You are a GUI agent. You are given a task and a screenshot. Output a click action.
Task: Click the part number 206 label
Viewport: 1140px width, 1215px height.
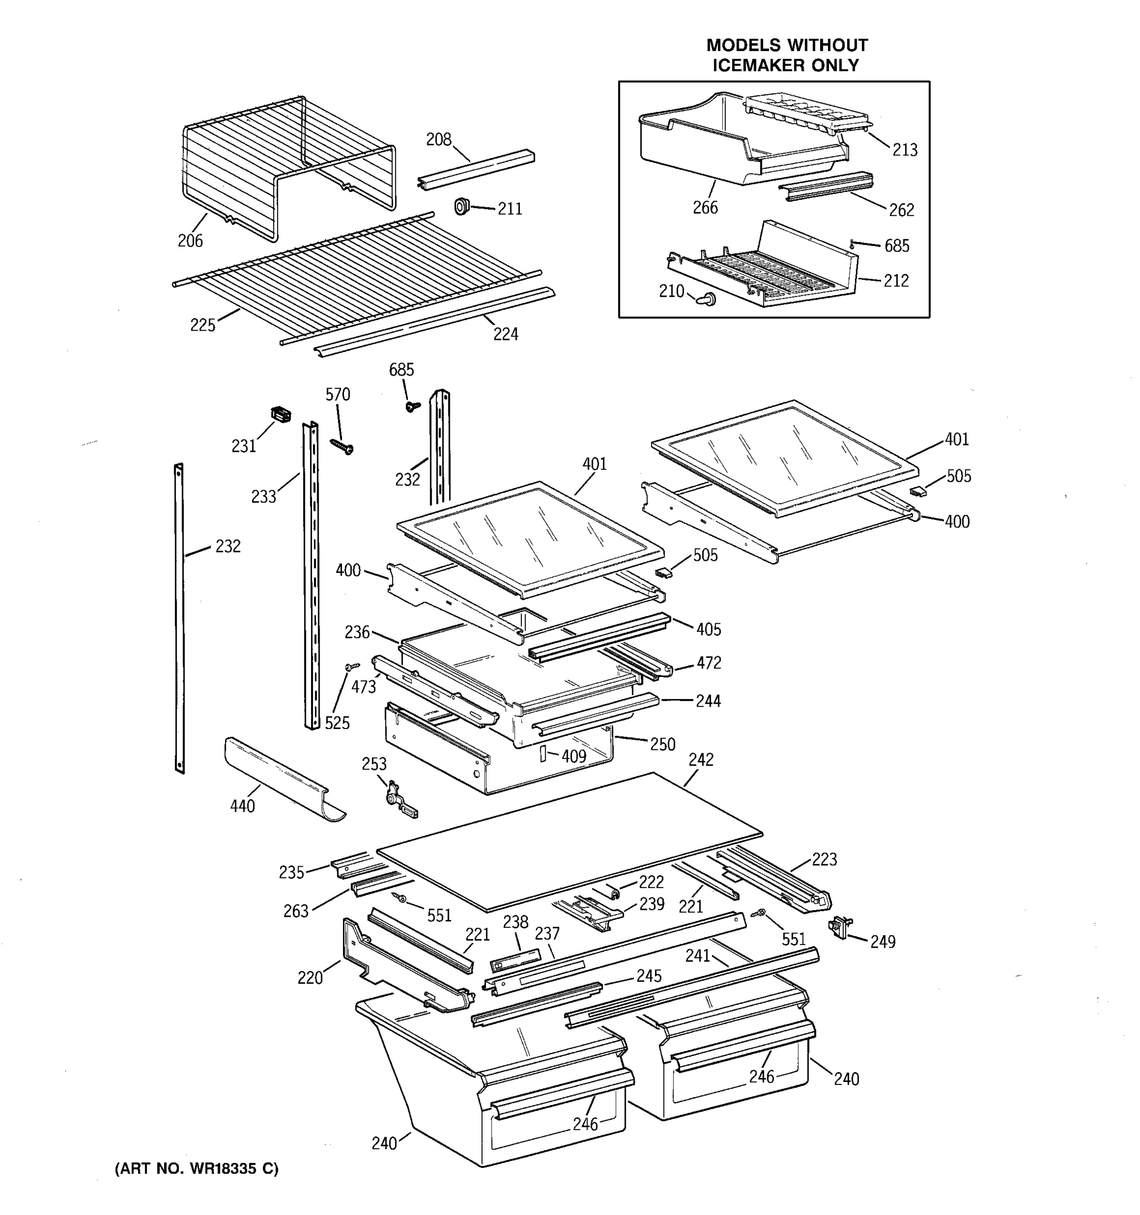click(x=189, y=241)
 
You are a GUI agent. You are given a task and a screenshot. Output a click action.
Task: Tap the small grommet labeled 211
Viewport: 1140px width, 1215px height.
click(x=462, y=206)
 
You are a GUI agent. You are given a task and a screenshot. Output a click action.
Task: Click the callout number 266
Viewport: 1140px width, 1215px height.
click(x=705, y=208)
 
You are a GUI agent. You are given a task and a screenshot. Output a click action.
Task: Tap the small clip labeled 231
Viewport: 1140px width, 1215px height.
click(x=281, y=415)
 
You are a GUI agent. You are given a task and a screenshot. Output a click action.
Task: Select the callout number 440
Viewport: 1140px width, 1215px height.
click(x=242, y=806)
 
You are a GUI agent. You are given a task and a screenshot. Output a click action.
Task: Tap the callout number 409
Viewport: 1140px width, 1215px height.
click(x=574, y=756)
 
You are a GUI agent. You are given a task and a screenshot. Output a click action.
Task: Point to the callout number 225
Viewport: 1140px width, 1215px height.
click(x=203, y=325)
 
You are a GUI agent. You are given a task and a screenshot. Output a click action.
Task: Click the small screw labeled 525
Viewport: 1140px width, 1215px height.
click(x=353, y=667)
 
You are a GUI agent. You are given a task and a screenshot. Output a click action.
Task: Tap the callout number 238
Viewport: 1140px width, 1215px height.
click(x=516, y=922)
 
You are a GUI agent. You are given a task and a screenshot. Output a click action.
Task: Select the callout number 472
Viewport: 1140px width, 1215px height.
click(x=708, y=663)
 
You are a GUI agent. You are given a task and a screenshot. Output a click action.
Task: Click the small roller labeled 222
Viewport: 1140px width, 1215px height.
click(x=615, y=893)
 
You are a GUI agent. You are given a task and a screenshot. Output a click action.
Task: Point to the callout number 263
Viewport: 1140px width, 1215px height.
click(x=295, y=911)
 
